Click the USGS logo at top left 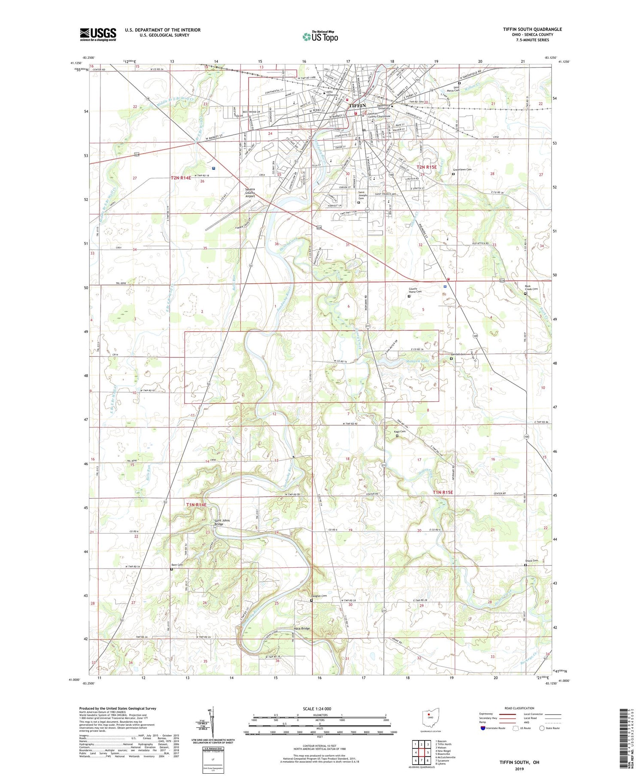coord(98,34)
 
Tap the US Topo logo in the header coord(320,36)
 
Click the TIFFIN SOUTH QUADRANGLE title coord(532,29)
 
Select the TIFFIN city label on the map coord(357,106)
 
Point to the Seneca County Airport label coord(250,193)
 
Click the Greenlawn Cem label coord(462,170)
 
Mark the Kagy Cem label coord(400,432)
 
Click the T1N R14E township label coord(196,505)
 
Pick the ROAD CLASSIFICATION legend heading coord(519,708)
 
